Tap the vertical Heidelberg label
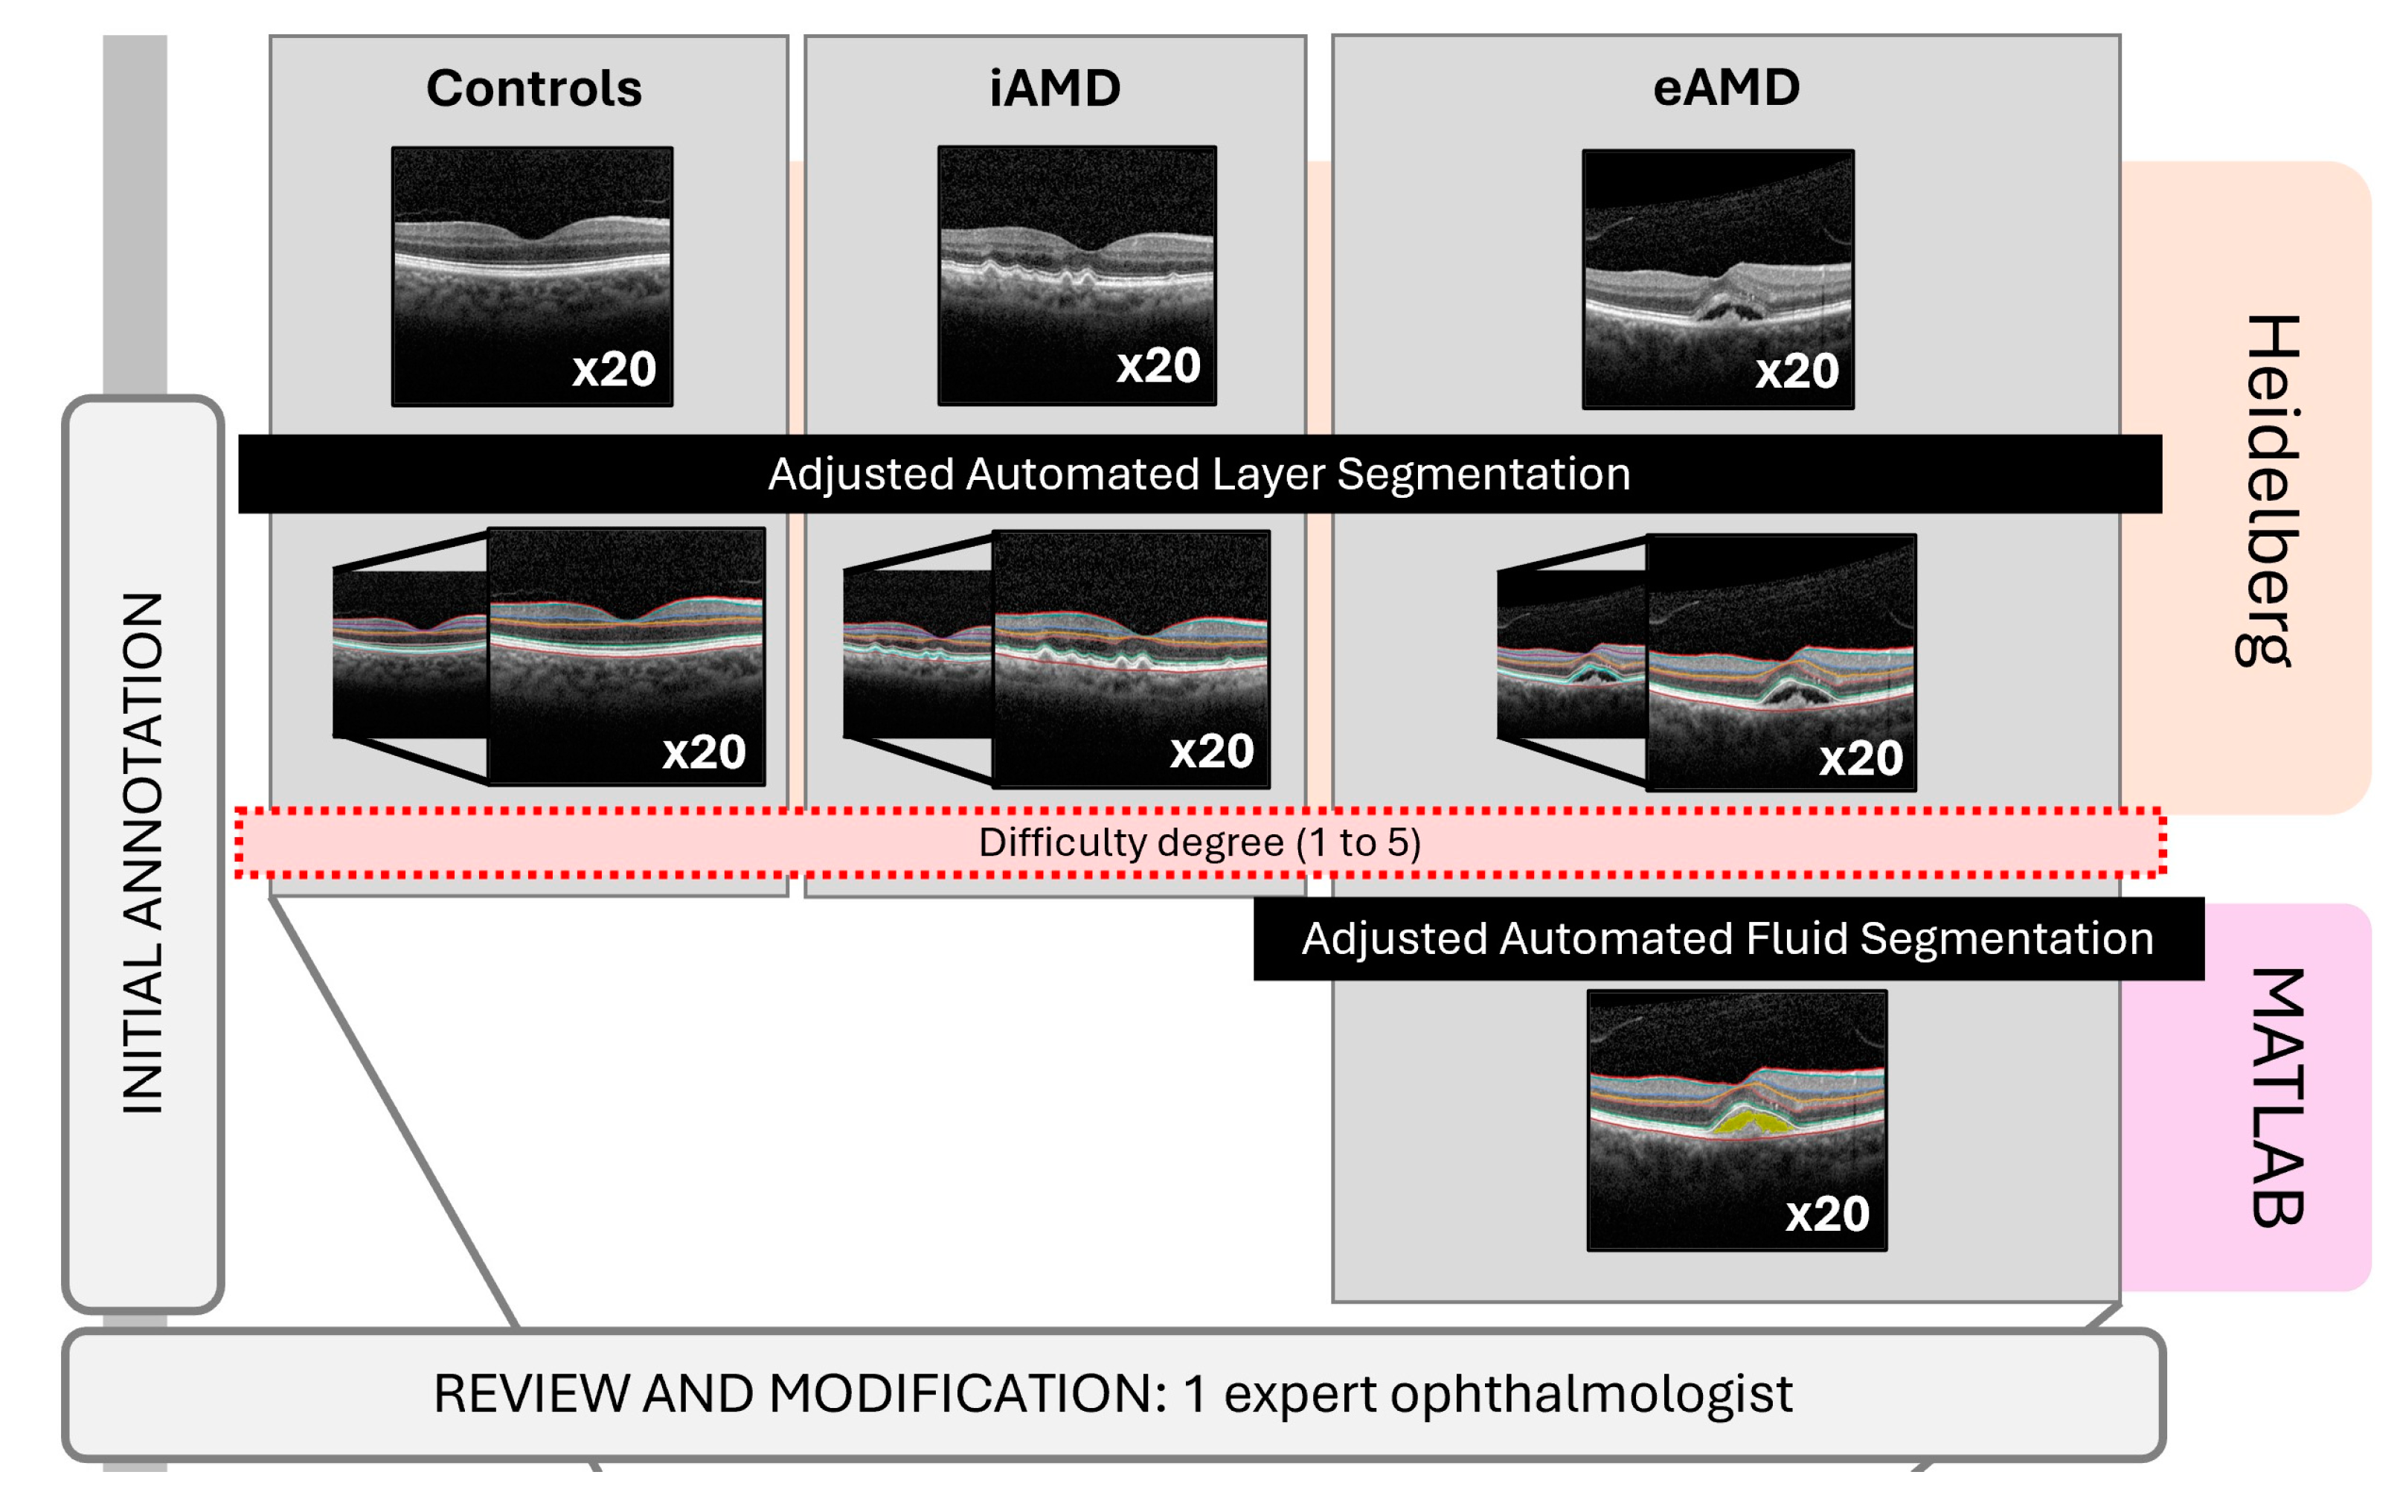[2268, 490]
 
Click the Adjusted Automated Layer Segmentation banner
[1199, 473]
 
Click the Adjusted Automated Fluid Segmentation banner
[1727, 938]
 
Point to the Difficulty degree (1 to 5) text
[1199, 842]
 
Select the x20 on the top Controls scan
[614, 370]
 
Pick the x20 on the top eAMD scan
[1797, 371]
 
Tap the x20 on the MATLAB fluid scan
[1826, 1214]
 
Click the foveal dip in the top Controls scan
[533, 236]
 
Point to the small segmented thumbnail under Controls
[409, 654]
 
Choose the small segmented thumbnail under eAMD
[1571, 655]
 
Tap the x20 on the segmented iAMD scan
[1211, 751]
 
